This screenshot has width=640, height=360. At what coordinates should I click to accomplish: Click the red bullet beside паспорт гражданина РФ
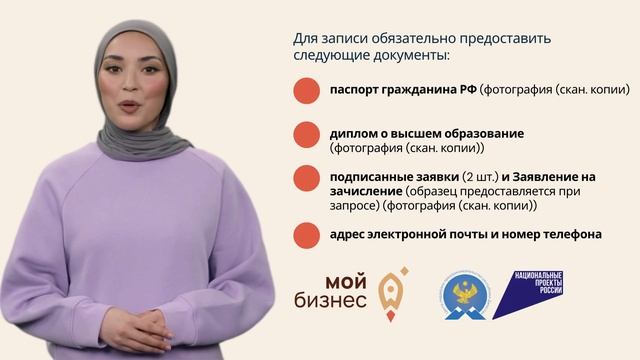click(x=307, y=91)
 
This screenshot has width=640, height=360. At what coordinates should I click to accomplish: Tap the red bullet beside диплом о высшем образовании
click(x=307, y=134)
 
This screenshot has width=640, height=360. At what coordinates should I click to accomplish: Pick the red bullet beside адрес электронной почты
click(x=307, y=235)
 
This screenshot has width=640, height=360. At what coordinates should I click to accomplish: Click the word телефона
click(x=571, y=235)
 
